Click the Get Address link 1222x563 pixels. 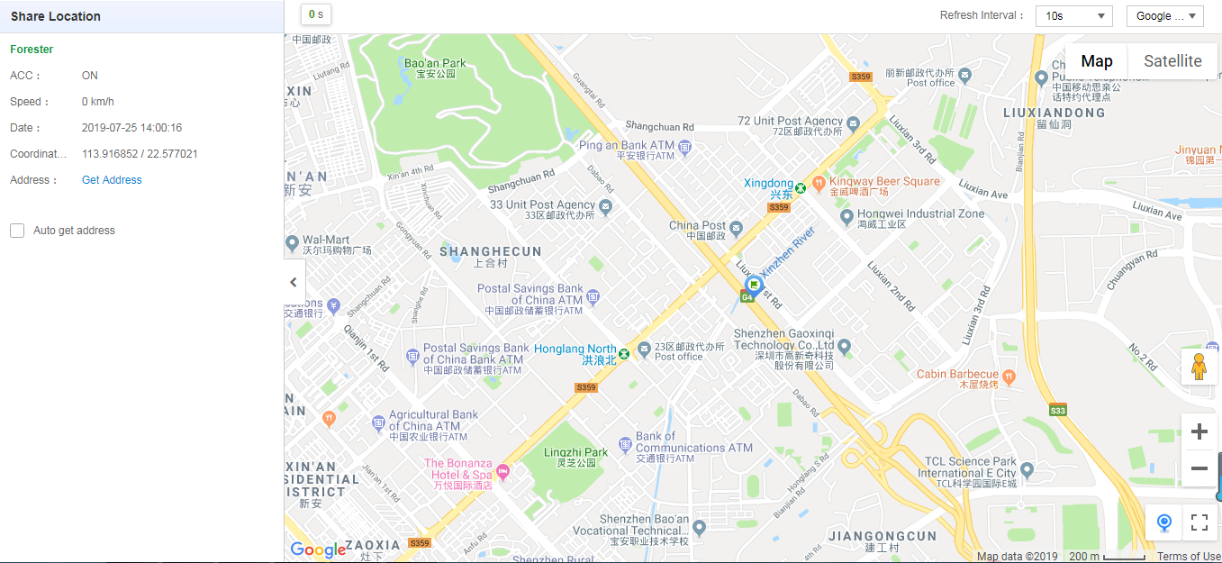112,180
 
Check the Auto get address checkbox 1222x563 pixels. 17,231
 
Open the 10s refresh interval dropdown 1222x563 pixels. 1073,16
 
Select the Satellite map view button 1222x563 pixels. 1172,61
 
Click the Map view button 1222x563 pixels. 1096,61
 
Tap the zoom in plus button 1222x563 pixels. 1199,432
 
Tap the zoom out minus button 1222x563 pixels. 1199,468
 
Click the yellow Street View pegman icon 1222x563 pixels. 1199,367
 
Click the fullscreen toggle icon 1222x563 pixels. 1199,522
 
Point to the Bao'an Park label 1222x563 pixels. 435,63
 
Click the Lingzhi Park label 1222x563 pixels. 575,452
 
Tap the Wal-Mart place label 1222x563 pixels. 326,240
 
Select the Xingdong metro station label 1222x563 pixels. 769,184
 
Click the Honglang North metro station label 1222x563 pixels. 575,349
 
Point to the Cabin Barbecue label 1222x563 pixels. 957,374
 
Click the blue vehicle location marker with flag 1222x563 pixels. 755,286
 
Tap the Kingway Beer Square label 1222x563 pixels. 883,181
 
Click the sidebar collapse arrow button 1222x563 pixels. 294,282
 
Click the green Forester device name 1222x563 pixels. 32,50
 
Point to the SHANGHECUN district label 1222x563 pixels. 490,252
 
